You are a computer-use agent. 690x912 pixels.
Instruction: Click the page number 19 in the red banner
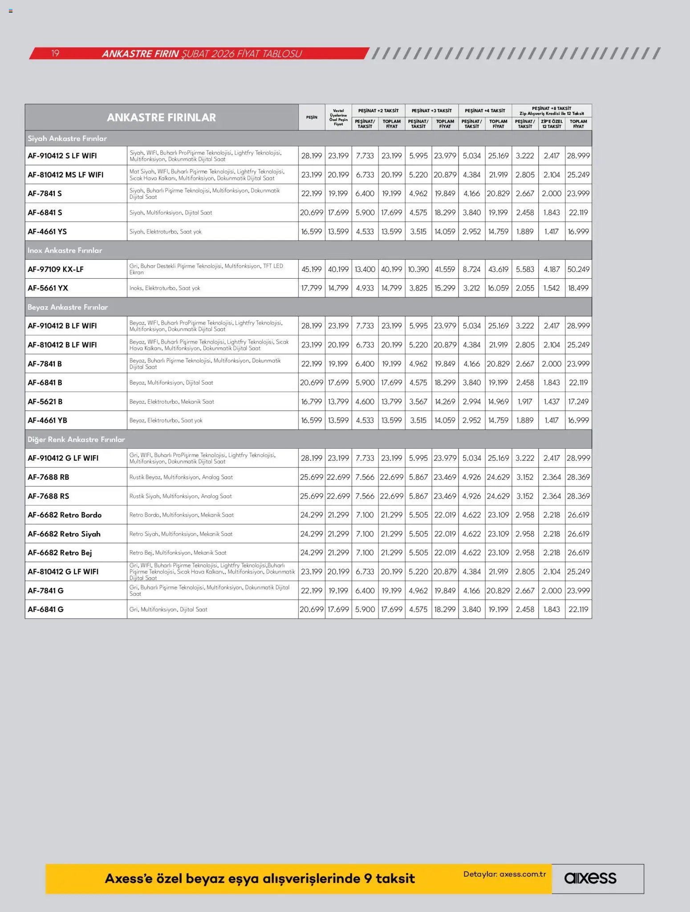pos(55,53)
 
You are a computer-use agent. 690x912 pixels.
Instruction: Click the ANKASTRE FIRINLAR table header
pos(161,118)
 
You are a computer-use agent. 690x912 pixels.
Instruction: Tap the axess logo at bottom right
pos(590,878)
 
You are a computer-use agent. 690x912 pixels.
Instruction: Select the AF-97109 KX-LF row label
pos(56,269)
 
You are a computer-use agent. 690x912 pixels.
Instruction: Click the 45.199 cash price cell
pos(311,269)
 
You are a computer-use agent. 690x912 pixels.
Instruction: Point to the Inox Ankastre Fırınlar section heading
pos(65,250)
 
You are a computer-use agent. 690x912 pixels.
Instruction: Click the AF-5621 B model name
pos(45,401)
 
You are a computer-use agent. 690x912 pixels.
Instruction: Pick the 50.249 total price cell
pos(578,269)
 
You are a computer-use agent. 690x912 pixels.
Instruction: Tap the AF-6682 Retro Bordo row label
pos(65,515)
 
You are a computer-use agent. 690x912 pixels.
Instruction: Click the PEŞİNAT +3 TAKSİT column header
pos(431,110)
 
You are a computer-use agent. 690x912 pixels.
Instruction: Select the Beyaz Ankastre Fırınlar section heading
pos(68,307)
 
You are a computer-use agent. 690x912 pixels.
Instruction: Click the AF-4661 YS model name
pos(47,231)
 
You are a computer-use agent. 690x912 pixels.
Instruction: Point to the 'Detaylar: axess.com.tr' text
pos(504,874)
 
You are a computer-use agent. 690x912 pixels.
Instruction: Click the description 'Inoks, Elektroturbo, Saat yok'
pos(165,288)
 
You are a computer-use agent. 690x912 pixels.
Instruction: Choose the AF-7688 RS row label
pos(48,496)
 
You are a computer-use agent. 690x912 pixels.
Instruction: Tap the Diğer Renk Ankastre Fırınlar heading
pos(76,439)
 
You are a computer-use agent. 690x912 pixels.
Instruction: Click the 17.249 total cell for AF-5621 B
pos(578,401)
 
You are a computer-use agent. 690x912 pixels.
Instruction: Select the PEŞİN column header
pos(312,117)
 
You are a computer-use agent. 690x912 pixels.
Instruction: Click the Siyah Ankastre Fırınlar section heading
pos(67,138)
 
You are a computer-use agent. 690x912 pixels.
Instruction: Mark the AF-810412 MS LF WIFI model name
pos(65,175)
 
